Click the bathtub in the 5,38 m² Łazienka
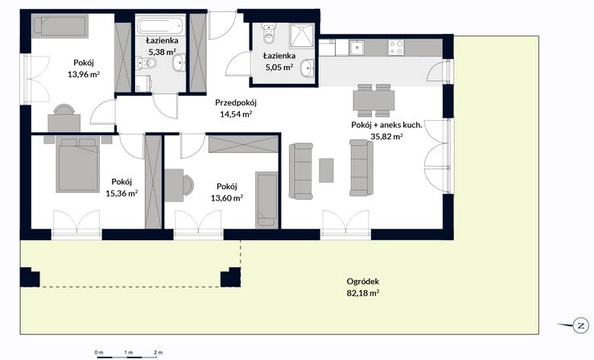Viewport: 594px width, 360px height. pos(161,26)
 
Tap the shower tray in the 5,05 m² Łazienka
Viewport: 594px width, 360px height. pos(302,35)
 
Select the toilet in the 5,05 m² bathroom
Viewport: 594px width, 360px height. pos(269,33)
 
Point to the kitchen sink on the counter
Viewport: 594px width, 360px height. pos(357,48)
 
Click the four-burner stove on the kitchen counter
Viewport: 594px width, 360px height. pos(396,48)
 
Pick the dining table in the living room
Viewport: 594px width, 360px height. pos(373,101)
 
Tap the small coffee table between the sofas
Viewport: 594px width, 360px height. pos(326,171)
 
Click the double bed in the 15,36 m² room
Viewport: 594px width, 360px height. pos(78,164)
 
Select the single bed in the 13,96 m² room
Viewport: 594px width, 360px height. pos(60,26)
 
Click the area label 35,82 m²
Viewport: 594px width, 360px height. pos(386,137)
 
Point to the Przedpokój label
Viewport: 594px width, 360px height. pos(236,102)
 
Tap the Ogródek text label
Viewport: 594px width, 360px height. pos(363,282)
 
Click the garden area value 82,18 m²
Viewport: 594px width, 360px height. pos(363,293)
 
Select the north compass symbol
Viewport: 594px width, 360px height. pos(580,325)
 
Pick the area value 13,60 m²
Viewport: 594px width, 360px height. pos(227,198)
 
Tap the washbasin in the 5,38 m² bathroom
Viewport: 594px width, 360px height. pos(179,63)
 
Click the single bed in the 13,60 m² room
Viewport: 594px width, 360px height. pos(266,200)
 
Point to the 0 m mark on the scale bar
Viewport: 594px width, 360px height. pos(99,353)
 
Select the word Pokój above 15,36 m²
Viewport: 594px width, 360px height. pos(122,182)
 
